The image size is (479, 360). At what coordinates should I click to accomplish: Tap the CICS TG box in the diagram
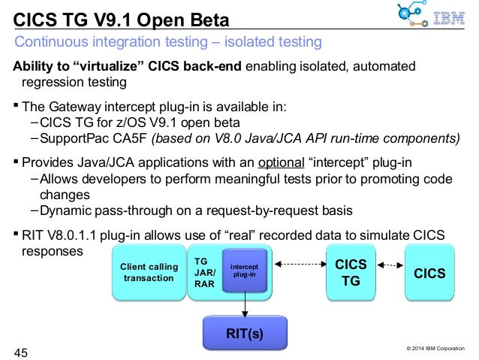(351, 273)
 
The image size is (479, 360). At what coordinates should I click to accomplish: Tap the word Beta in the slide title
(202, 17)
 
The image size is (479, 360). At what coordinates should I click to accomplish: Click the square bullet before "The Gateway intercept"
(17, 105)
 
